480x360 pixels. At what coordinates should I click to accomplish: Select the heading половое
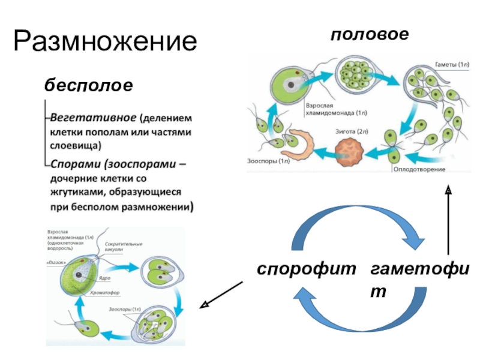(x=369, y=34)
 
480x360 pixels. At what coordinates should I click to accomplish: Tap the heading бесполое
(x=88, y=85)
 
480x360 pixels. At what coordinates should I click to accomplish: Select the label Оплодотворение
(x=419, y=169)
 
